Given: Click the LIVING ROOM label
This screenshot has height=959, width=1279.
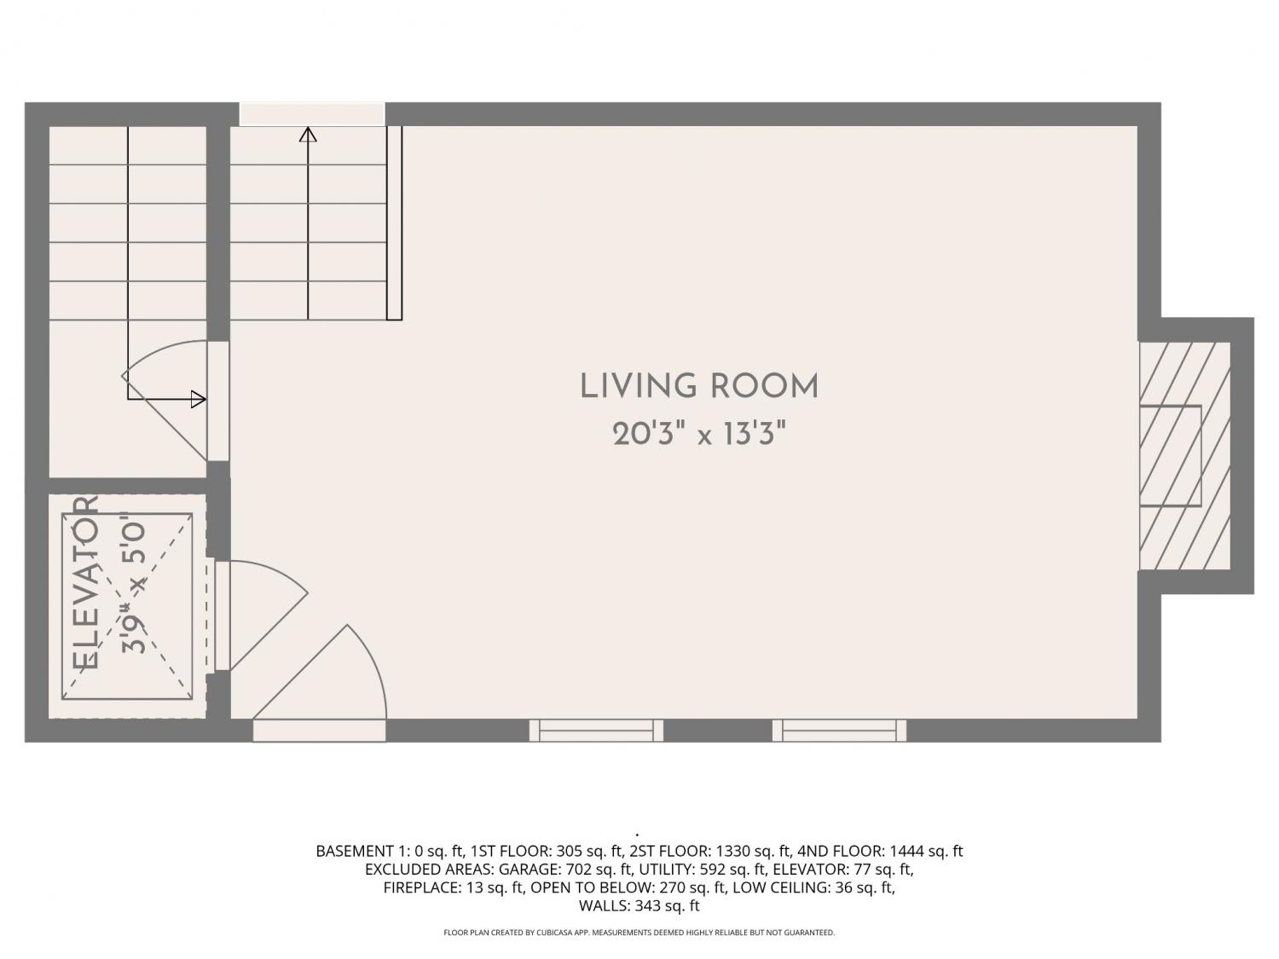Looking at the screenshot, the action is [x=699, y=387].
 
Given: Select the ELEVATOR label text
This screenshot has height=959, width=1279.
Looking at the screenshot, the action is [x=85, y=583].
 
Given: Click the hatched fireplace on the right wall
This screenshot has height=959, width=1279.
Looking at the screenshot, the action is [x=1184, y=456].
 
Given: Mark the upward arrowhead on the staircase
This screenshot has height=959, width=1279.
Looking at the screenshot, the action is [x=308, y=135].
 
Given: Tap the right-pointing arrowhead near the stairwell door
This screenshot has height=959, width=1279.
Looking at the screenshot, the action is [x=198, y=400].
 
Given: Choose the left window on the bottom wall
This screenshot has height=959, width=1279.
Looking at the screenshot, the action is [x=596, y=731].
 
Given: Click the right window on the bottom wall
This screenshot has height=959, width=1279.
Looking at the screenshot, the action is [x=839, y=731].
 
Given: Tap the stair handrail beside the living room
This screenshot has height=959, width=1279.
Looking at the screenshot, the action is [x=395, y=223].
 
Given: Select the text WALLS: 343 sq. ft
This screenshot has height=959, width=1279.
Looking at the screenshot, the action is [x=639, y=905].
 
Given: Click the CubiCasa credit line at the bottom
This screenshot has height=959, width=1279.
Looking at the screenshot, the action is [x=639, y=933].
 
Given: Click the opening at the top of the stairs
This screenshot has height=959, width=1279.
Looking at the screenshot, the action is [x=312, y=114].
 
